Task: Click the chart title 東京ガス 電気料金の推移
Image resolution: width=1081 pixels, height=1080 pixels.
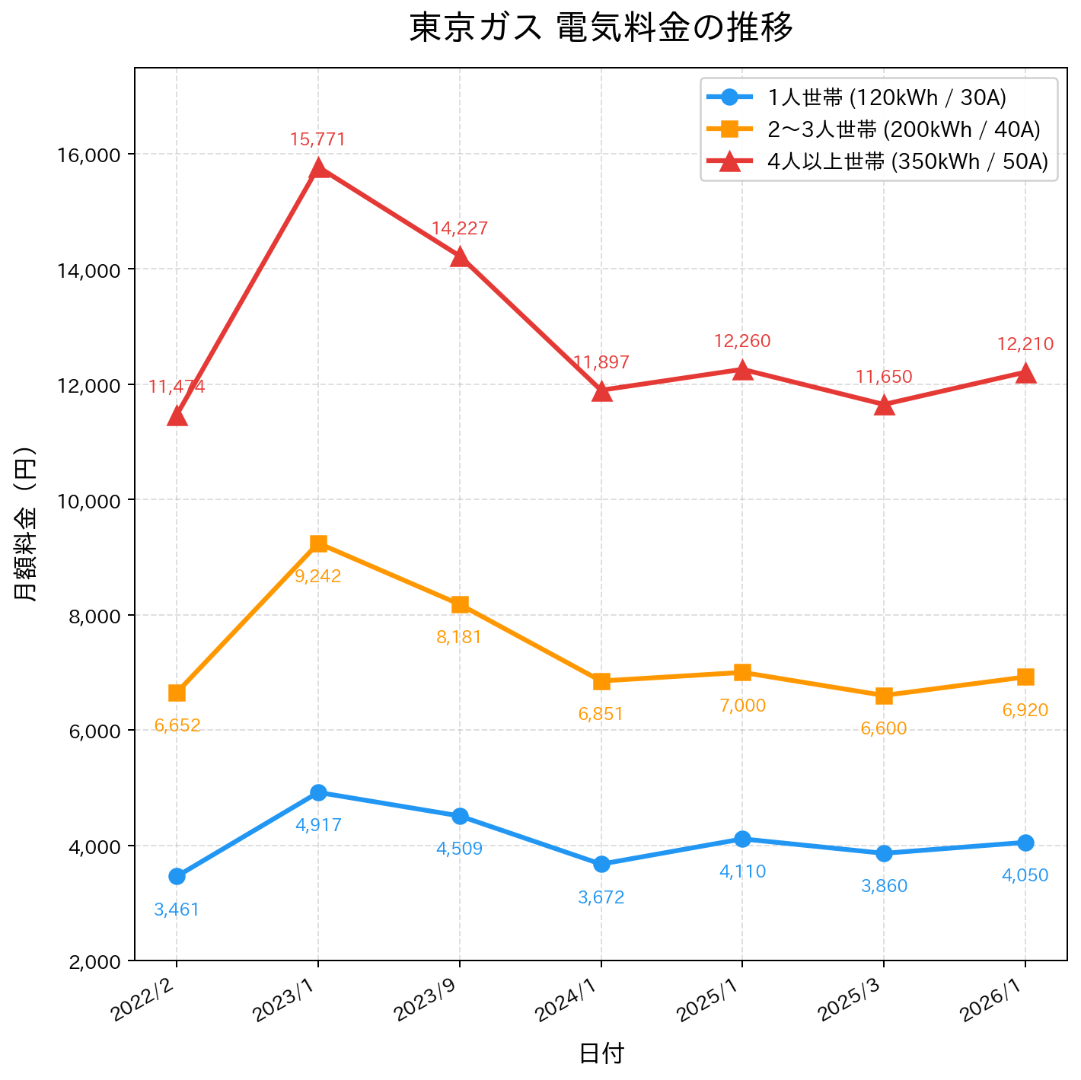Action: pos(601,28)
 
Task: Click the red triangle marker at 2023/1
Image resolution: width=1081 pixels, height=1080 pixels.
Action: pos(319,168)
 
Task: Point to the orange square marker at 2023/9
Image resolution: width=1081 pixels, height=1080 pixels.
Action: pos(460,604)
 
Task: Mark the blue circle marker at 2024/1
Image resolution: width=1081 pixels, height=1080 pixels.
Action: pos(601,864)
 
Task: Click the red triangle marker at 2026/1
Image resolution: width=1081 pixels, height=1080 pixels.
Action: pos(1025,373)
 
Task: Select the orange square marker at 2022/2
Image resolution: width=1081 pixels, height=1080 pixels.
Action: pos(177,693)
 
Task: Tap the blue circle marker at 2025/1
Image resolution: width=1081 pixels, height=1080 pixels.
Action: pos(743,839)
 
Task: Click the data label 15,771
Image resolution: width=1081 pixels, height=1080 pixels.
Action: pos(317,139)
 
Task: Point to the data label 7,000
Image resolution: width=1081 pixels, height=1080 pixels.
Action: pos(742,706)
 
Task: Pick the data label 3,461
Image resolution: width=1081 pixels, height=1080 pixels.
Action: pos(177,910)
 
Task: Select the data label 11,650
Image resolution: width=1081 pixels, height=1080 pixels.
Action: pos(884,377)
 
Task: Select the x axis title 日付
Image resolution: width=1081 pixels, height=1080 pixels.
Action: pos(601,1053)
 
